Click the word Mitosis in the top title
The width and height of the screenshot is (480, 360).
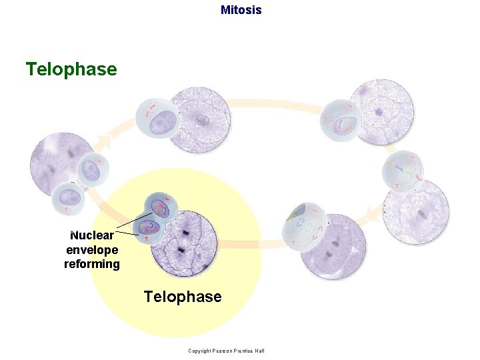tap(241, 10)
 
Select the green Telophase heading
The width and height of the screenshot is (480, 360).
tap(71, 69)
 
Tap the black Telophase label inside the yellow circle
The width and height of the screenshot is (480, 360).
tap(183, 297)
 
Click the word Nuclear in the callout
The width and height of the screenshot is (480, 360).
tap(92, 235)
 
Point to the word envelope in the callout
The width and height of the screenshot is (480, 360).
tap(92, 250)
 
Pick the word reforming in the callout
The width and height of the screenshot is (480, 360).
tap(92, 264)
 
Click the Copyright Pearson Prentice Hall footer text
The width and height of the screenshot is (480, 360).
tap(227, 351)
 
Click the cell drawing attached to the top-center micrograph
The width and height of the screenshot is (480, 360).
tap(156, 119)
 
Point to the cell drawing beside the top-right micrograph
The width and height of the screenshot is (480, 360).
tap(342, 121)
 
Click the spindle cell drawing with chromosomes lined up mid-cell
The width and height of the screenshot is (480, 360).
tap(402, 171)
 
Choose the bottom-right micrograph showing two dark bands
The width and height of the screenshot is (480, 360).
tap(333, 246)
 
